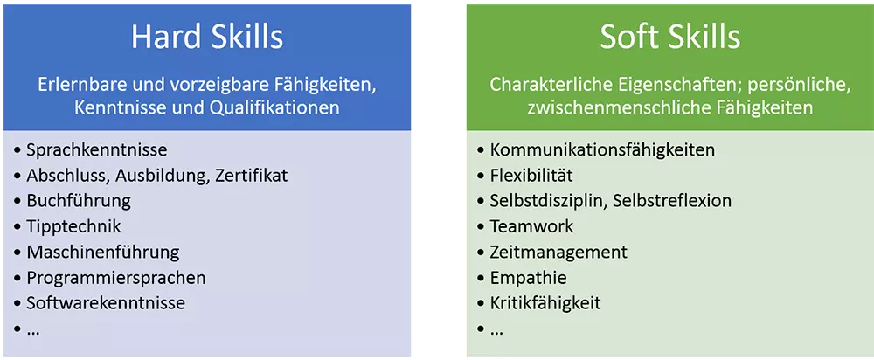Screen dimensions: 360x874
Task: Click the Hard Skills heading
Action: [x=206, y=37]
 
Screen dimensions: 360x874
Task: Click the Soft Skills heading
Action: [x=669, y=37]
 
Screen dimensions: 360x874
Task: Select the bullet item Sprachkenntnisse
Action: [x=96, y=150]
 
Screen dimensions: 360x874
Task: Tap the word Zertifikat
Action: [x=247, y=176]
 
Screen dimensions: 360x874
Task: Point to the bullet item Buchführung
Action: [x=78, y=201]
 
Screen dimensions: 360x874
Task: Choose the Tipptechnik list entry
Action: [x=73, y=226]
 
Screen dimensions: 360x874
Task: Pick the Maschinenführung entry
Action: [x=102, y=253]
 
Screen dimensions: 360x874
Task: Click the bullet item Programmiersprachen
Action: [x=116, y=278]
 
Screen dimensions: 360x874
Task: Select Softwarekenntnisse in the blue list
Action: [x=106, y=303]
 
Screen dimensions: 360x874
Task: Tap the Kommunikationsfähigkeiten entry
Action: [x=602, y=150]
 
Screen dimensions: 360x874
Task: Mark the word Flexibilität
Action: [x=531, y=176]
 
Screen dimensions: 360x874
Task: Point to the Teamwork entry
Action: [x=531, y=226]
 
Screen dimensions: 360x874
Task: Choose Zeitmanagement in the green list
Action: [x=558, y=253]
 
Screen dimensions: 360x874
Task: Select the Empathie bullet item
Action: [x=528, y=278]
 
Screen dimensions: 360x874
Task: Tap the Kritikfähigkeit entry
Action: [x=545, y=303]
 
